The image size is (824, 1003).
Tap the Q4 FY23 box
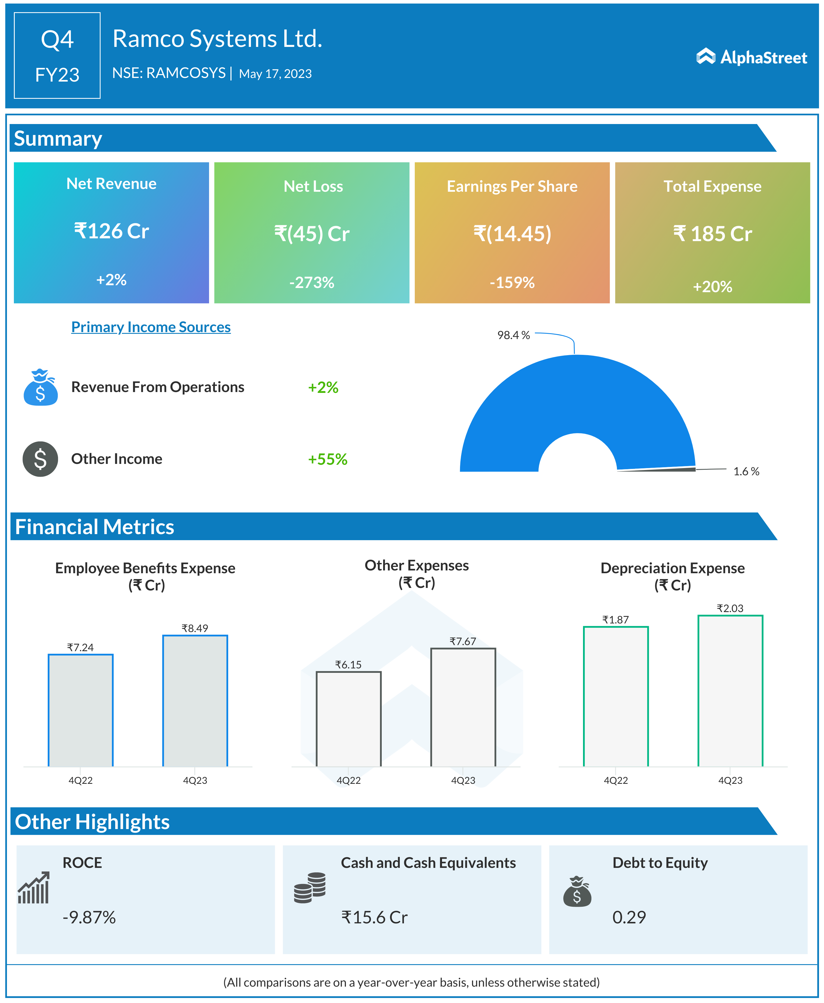point(57,55)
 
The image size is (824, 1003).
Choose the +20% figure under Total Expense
point(712,286)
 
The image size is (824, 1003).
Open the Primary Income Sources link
point(151,327)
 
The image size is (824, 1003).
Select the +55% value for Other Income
point(328,459)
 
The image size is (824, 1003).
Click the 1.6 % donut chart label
point(746,471)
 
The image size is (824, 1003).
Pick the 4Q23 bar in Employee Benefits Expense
point(195,701)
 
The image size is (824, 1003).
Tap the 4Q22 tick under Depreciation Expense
point(616,780)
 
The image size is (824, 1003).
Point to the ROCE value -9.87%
point(89,917)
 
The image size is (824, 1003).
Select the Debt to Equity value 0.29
point(629,917)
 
